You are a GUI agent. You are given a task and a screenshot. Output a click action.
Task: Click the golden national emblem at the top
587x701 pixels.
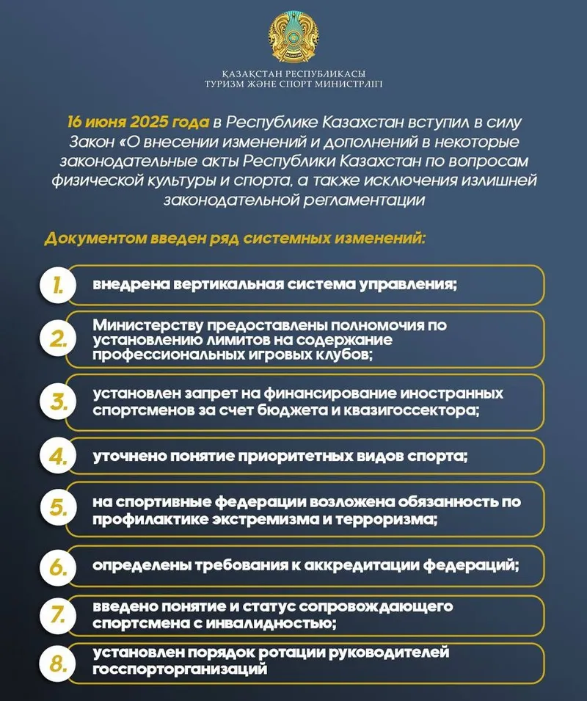click(293, 36)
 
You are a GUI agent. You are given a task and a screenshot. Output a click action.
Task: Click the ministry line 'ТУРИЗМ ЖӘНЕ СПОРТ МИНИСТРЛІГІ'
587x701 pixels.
click(293, 84)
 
